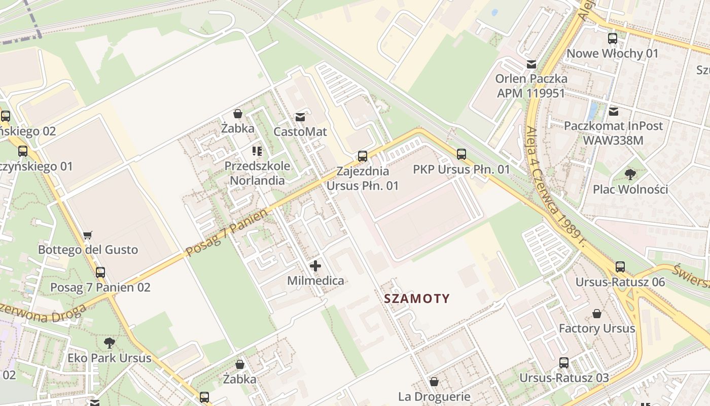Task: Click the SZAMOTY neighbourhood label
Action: tap(417, 298)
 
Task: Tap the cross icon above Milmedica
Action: tap(315, 266)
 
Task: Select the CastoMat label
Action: tap(300, 131)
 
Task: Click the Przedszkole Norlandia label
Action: tap(258, 173)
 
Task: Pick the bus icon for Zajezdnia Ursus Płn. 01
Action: tap(362, 156)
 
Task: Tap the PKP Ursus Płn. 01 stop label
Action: tap(461, 170)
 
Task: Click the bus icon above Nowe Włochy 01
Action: tap(613, 39)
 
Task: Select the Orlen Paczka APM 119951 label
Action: tap(531, 86)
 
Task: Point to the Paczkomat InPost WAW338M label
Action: tap(613, 132)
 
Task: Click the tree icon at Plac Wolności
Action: tap(630, 175)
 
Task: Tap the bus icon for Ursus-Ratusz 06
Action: tap(620, 267)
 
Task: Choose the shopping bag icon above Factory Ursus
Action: tap(597, 314)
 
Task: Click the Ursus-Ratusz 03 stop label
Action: tap(564, 378)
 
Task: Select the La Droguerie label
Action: tap(434, 396)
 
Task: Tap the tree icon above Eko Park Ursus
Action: tap(109, 343)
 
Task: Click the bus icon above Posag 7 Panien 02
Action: tap(100, 273)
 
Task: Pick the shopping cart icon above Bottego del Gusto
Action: tap(88, 235)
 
